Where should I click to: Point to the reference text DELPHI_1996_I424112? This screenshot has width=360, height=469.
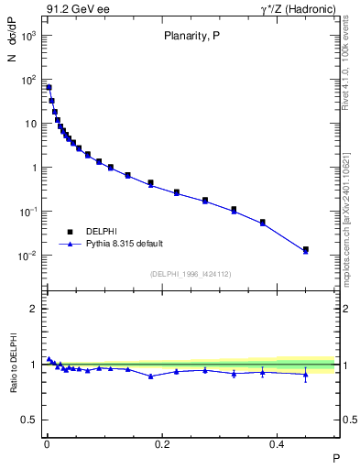click(x=191, y=273)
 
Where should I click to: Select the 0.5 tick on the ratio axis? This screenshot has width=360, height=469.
click(x=30, y=420)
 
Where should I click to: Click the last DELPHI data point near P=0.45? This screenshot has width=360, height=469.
click(x=306, y=249)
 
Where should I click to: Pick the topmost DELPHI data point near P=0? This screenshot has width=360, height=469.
click(x=49, y=88)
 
